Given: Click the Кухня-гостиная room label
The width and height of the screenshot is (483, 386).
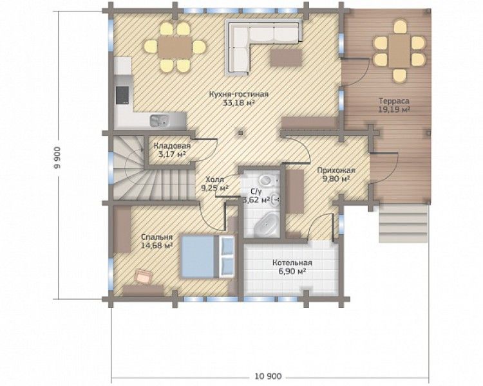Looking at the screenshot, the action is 239,94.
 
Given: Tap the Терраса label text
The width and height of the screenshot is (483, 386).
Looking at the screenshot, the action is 394,101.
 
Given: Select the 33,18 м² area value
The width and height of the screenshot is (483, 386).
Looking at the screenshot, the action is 238,103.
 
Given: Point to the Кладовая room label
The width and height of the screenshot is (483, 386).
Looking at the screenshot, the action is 172,145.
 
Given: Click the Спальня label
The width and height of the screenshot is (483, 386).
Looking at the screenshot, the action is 156,237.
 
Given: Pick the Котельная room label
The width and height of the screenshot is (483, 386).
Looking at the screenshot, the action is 292,263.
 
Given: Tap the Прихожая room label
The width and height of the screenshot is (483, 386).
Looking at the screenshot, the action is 336,170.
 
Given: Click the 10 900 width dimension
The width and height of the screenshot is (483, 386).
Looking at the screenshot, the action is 269,376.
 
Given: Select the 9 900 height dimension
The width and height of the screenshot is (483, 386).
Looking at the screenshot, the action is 57,158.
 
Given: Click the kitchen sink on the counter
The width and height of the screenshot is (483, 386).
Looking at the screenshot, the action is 159,120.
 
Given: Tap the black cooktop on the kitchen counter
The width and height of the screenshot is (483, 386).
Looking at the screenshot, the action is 122,95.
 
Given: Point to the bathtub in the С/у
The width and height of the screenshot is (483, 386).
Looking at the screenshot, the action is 267,223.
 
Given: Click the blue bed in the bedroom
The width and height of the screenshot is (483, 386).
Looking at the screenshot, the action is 207,257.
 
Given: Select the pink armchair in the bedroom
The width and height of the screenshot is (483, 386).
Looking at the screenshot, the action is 144,275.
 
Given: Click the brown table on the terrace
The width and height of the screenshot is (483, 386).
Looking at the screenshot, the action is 399,51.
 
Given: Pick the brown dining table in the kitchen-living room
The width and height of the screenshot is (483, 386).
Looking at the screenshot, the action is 175,47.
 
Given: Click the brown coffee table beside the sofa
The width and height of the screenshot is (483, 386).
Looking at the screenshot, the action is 286,58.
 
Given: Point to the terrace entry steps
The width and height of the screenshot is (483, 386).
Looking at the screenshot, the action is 403,223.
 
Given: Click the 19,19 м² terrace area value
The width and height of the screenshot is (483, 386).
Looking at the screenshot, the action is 394,109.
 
